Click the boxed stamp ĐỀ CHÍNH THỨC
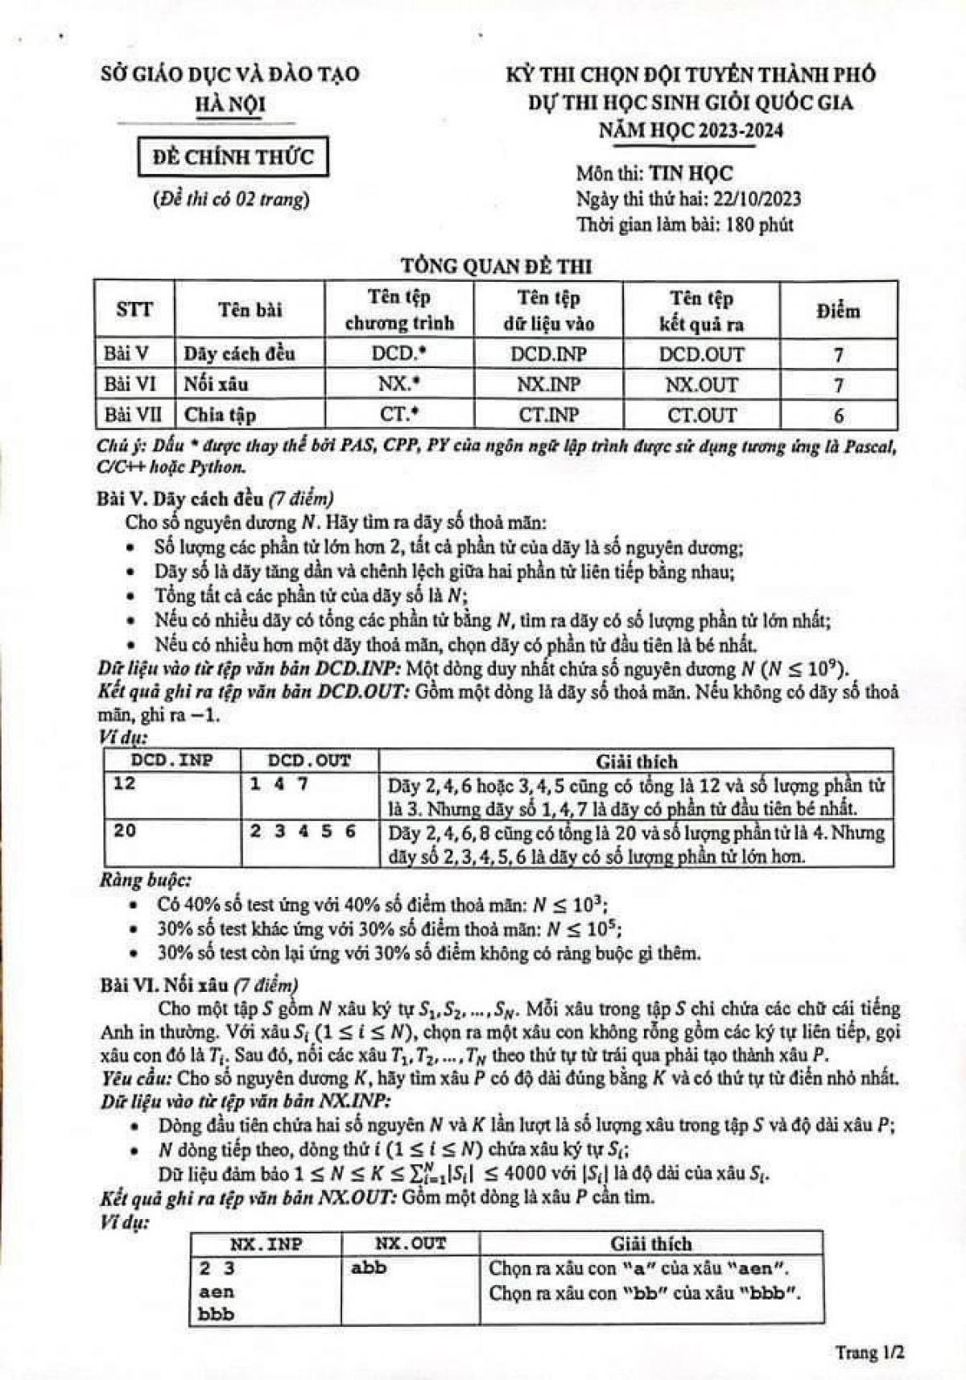pyautogui.click(x=233, y=157)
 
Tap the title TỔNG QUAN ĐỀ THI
pyautogui.click(x=497, y=265)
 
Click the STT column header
pyautogui.click(x=134, y=310)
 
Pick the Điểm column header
pyautogui.click(x=837, y=311)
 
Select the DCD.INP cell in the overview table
pyautogui.click(x=548, y=354)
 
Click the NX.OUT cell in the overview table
pyautogui.click(x=701, y=385)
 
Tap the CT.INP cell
pyautogui.click(x=548, y=415)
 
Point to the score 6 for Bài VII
pyautogui.click(x=838, y=415)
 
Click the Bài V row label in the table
pyautogui.click(x=127, y=353)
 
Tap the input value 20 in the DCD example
pyautogui.click(x=125, y=830)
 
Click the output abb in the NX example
pyautogui.click(x=369, y=1267)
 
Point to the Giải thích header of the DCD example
pyautogui.click(x=636, y=761)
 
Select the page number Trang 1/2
pyautogui.click(x=869, y=1352)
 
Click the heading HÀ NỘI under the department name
pyautogui.click(x=231, y=104)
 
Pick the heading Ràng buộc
pyautogui.click(x=145, y=880)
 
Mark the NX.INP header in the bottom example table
pyautogui.click(x=266, y=1244)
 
